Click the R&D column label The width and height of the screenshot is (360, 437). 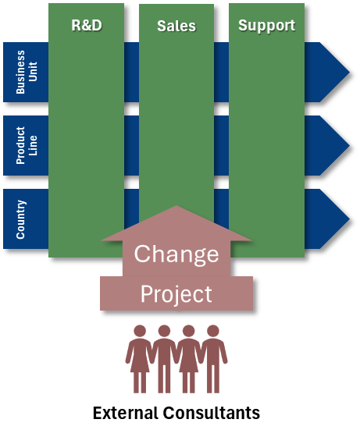[x=87, y=25]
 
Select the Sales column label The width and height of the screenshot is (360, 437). [x=176, y=26]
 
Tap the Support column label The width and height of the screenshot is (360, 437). [x=266, y=26]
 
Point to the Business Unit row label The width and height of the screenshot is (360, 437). [x=27, y=72]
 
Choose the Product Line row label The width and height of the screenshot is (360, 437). [x=27, y=145]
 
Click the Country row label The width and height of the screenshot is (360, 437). [x=21, y=219]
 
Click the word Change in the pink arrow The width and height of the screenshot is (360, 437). [x=176, y=254]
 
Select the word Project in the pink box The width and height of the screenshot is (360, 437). [x=176, y=294]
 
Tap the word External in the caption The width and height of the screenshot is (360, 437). [x=125, y=413]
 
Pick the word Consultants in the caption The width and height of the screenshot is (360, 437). [x=211, y=413]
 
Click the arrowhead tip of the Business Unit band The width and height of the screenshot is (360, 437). [x=349, y=72]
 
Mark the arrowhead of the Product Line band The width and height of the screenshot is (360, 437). [x=327, y=145]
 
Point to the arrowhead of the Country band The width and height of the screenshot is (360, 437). [x=327, y=218]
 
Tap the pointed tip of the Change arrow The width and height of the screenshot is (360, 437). [x=176, y=206]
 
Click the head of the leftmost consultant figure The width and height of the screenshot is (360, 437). [x=140, y=331]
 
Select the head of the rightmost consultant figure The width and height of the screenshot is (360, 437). [x=213, y=331]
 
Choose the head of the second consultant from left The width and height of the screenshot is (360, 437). [x=164, y=331]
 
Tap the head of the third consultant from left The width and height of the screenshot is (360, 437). [x=188, y=331]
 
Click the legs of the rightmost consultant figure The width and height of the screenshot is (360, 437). [x=213, y=379]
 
